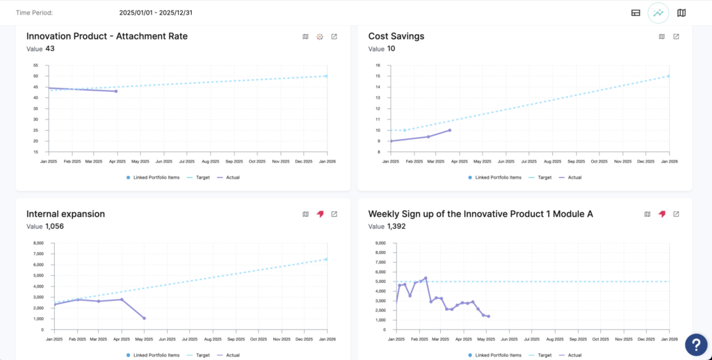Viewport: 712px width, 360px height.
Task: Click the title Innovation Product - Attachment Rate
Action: point(107,36)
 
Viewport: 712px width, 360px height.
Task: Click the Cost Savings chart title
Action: point(396,36)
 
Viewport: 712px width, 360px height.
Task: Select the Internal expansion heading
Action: point(65,214)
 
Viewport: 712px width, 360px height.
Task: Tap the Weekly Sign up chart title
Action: point(480,214)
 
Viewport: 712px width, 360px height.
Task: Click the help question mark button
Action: point(696,344)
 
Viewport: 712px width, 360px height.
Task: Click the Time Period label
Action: point(34,13)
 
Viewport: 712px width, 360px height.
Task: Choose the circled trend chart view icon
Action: point(658,13)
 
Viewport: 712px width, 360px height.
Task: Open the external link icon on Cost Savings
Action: point(676,37)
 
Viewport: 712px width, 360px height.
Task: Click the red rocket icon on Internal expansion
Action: point(320,214)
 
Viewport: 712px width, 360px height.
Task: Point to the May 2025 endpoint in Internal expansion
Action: point(145,318)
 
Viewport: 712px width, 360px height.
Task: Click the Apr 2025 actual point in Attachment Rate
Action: point(116,91)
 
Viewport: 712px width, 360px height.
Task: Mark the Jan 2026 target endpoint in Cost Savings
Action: point(668,76)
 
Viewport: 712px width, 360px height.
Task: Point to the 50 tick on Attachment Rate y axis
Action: point(35,76)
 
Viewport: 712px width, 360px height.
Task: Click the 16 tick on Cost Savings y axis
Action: point(378,65)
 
